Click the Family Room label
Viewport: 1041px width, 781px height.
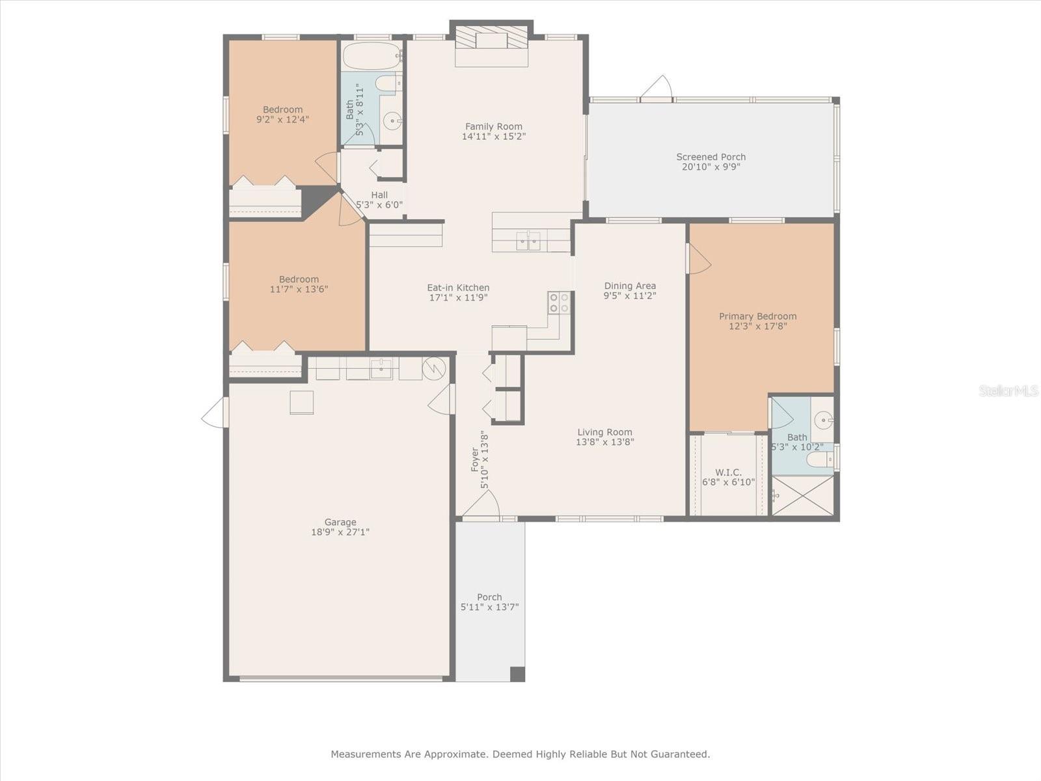click(x=493, y=126)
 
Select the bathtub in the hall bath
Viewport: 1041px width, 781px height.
click(x=372, y=57)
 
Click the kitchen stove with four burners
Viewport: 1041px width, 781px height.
click(x=559, y=303)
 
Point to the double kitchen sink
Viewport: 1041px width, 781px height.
click(x=528, y=241)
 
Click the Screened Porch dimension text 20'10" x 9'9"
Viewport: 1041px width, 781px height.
click(x=710, y=167)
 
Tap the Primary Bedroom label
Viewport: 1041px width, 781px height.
click(x=757, y=316)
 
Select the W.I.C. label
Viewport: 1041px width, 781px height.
click(x=728, y=473)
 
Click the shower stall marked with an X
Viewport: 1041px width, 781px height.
click(x=802, y=495)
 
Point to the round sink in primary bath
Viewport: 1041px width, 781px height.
click(x=824, y=420)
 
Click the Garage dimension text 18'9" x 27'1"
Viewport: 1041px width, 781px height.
click(x=340, y=532)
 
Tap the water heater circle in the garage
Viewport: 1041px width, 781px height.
click(x=433, y=369)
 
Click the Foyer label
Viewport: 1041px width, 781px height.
click(x=476, y=459)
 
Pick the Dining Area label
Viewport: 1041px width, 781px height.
click(x=630, y=286)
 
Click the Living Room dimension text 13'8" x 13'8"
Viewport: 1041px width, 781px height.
click(x=604, y=442)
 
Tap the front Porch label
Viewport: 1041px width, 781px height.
click(x=489, y=597)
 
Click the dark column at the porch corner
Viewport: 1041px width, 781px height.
click(x=517, y=674)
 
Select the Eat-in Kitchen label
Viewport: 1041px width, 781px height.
click(x=458, y=288)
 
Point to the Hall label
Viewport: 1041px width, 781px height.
click(x=379, y=195)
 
